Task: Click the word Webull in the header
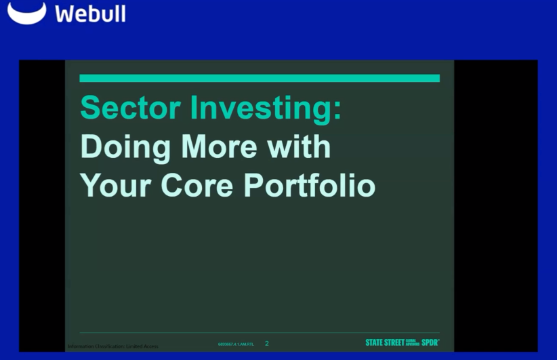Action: [90, 14]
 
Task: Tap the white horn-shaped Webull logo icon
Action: [26, 12]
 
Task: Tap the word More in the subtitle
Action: [220, 147]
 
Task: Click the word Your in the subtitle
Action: [117, 184]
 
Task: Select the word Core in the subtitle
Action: [199, 184]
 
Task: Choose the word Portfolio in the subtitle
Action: [310, 184]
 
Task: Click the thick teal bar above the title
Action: [260, 79]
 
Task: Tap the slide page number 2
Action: [266, 344]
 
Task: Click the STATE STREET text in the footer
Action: [384, 343]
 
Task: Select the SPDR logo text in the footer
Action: [430, 343]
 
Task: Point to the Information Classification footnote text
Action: [113, 346]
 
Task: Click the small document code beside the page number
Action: [236, 344]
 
